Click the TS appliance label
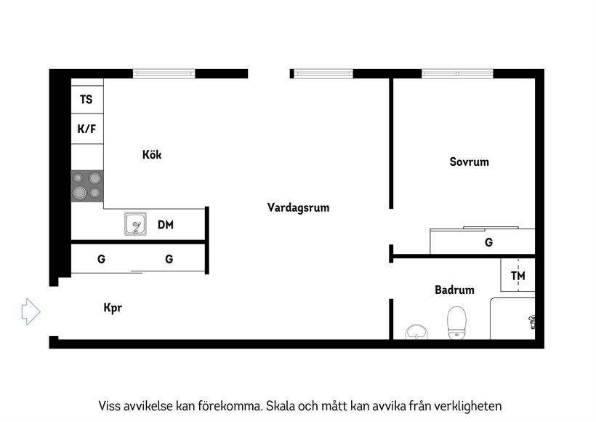[86, 100]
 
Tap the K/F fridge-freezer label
[86, 129]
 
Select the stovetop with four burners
[87, 186]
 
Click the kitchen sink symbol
[135, 224]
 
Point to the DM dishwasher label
[166, 225]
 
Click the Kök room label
[152, 154]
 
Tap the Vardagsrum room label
[299, 208]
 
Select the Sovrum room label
[470, 162]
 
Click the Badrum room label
[454, 290]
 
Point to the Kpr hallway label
[113, 308]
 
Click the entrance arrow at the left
[31, 311]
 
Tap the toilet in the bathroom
[456, 322]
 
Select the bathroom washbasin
[416, 332]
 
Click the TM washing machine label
[518, 276]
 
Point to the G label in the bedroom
[489, 242]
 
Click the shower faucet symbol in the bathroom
[532, 322]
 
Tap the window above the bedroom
[458, 73]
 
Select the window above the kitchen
[164, 73]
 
